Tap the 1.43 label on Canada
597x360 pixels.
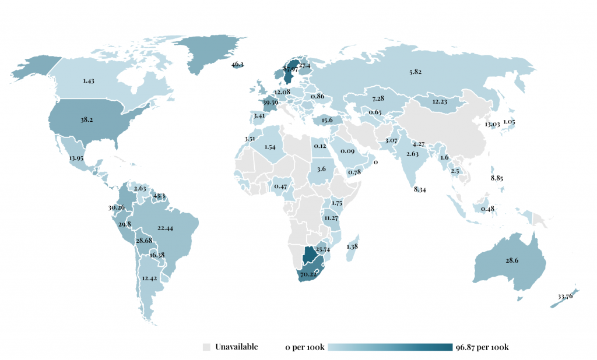tap(89, 81)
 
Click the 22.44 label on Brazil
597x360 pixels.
tap(166, 229)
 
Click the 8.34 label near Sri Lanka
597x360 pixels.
tap(419, 190)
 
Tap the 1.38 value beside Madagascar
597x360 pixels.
tap(353, 248)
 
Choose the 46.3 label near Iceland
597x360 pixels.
tap(237, 65)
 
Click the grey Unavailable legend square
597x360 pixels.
tap(206, 347)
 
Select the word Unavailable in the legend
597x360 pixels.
tap(236, 347)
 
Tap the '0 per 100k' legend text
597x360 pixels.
tap(304, 347)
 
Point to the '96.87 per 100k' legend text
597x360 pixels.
tap(483, 347)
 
